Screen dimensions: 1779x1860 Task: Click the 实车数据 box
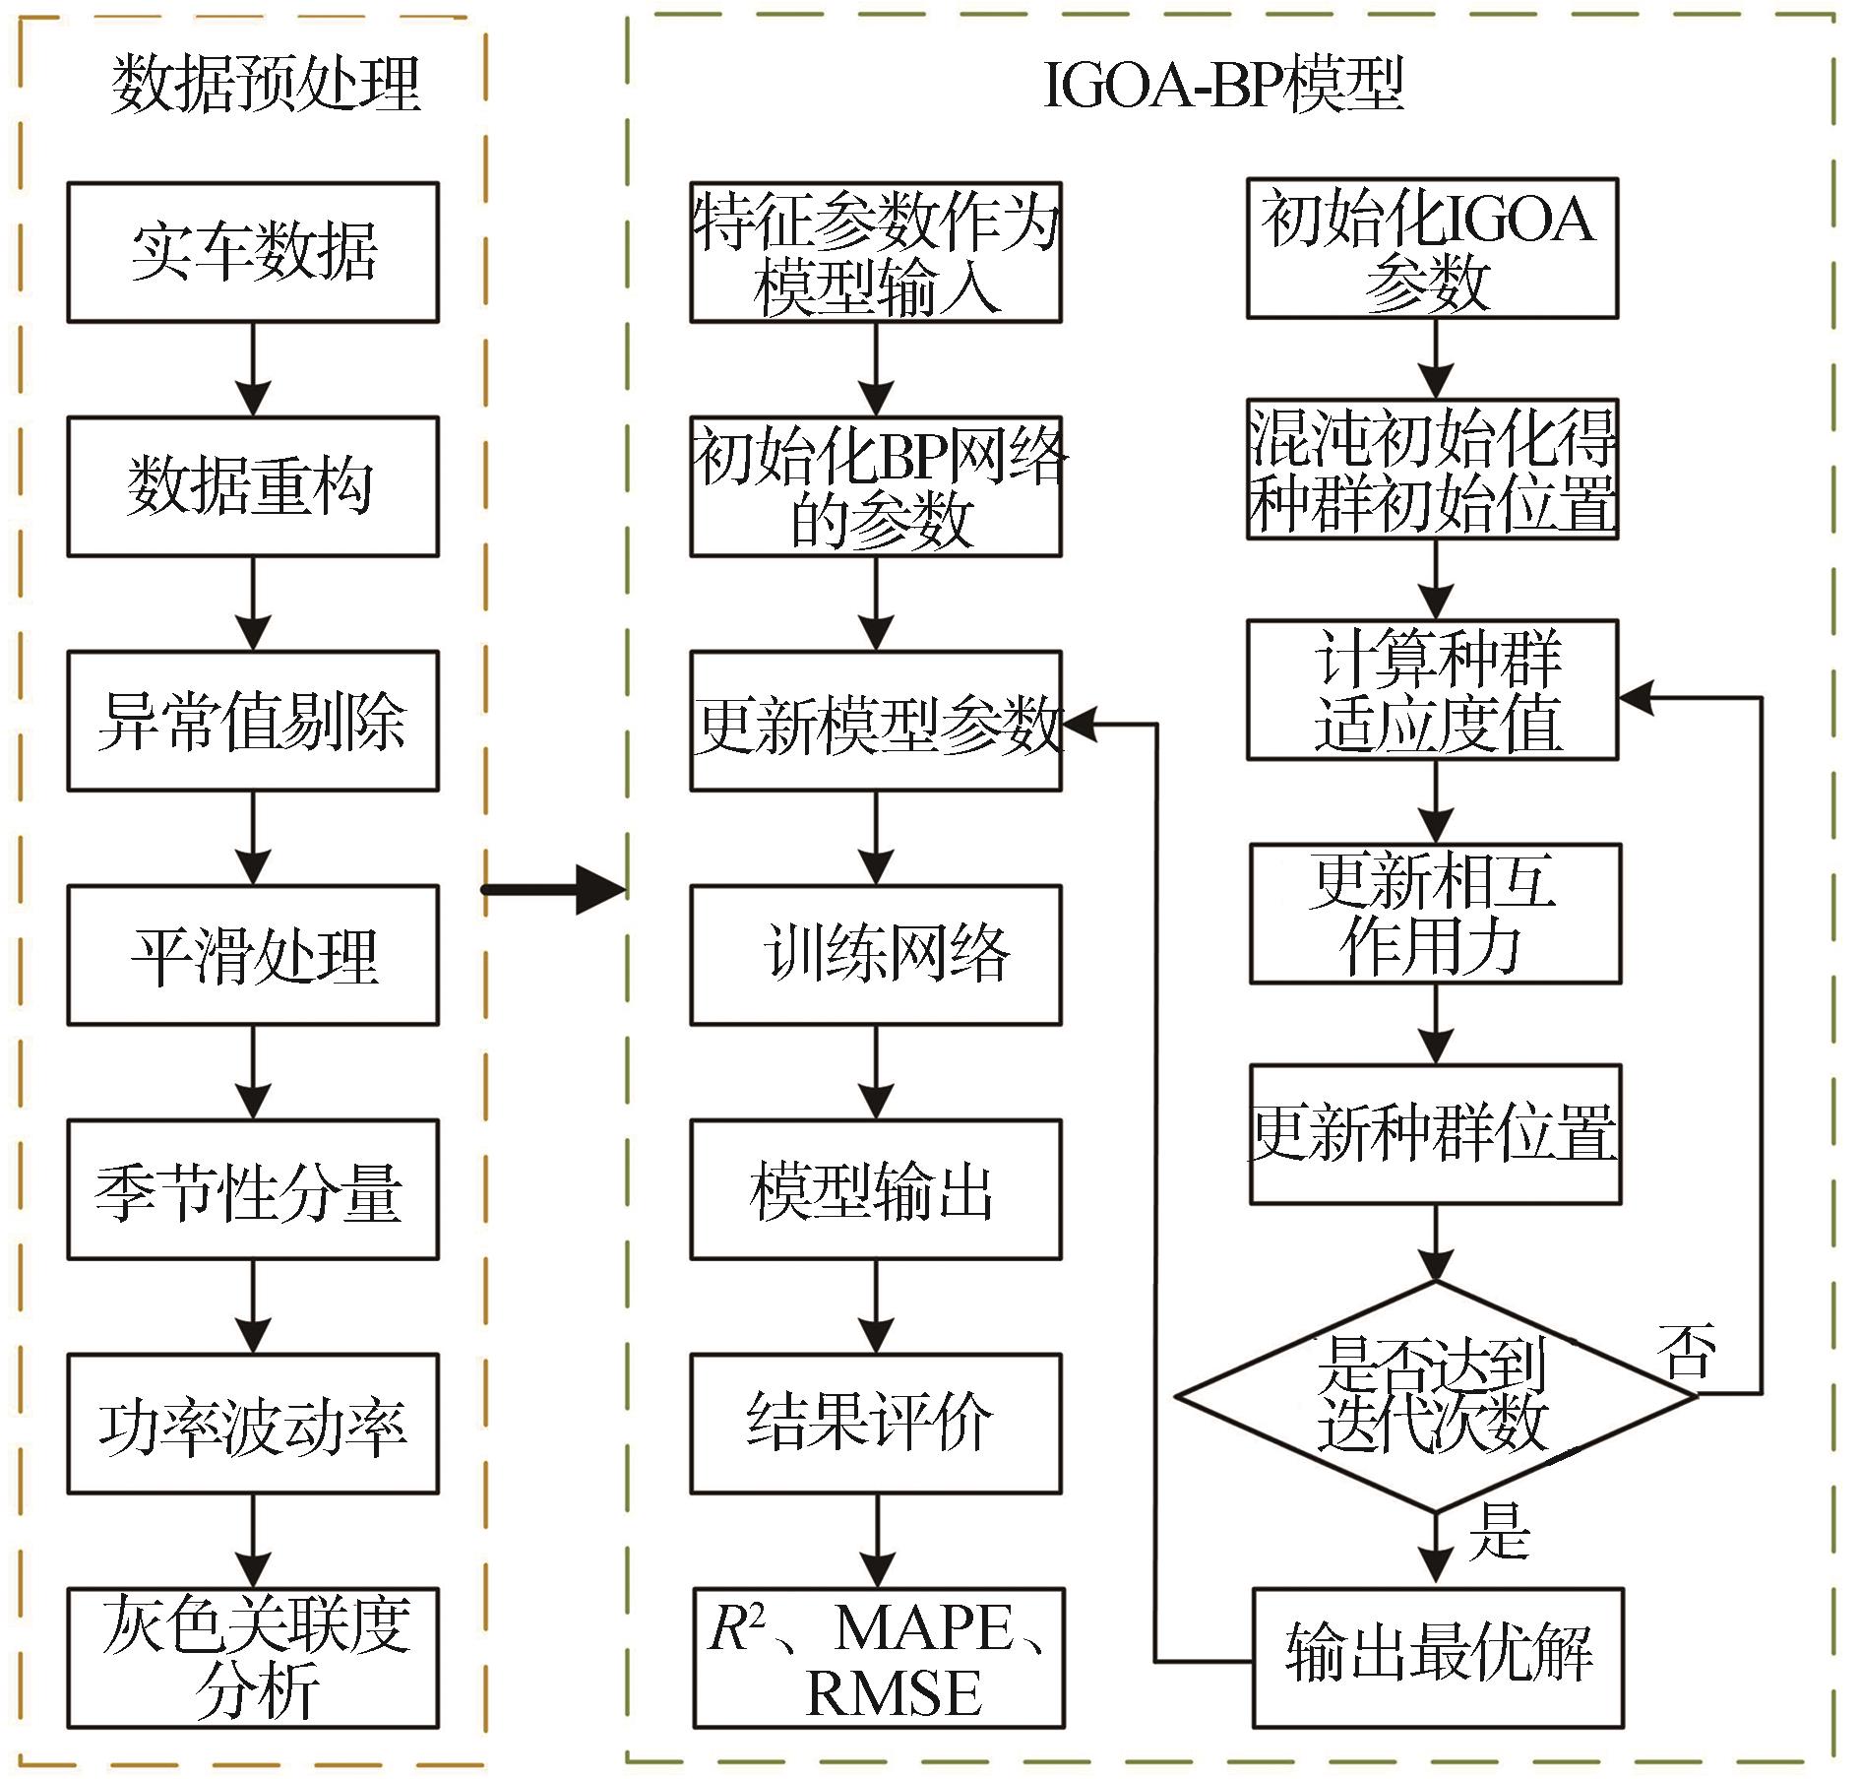tap(253, 252)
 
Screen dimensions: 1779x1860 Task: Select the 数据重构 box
tap(253, 486)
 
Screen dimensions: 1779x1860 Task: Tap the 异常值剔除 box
tap(253, 721)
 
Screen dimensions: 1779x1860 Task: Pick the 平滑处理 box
tap(253, 955)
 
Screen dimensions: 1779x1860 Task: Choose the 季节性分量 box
tap(253, 1189)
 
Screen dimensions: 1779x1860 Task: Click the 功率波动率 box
tap(253, 1424)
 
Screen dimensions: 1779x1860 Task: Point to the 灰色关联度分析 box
tap(253, 1658)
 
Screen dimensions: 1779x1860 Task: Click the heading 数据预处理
tap(266, 84)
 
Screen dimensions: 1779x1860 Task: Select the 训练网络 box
tap(876, 955)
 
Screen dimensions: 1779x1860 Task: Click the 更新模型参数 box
tap(876, 721)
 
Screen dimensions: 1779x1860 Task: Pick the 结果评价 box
tap(876, 1424)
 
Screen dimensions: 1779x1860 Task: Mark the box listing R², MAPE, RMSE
tap(879, 1658)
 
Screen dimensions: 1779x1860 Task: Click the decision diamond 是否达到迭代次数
tap(1436, 1396)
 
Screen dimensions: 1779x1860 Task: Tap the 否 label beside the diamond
tap(1687, 1351)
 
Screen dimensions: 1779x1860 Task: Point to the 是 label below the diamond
tap(1499, 1532)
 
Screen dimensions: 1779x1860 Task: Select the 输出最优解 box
tap(1437, 1658)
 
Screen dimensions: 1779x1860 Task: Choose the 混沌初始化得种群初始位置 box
tap(1433, 469)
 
